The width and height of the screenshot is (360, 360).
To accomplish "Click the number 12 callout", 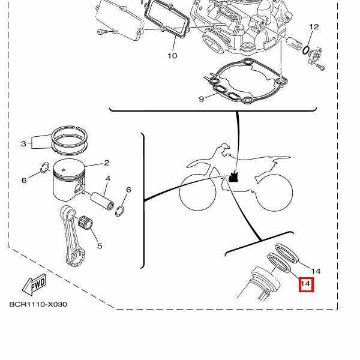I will coord(314,27).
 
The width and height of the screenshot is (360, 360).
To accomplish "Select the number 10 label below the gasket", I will coord(172,56).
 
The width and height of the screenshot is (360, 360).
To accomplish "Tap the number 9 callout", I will coord(202,98).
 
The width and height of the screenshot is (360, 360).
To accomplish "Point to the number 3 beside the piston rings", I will coord(23,143).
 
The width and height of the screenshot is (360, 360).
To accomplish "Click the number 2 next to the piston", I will coord(106,163).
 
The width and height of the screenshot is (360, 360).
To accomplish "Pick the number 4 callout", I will coord(108,179).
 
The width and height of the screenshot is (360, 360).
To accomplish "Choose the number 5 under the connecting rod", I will coord(99,245).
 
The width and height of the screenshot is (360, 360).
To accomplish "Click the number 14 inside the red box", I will coord(306,284).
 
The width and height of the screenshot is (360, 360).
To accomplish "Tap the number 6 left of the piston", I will coord(24,180).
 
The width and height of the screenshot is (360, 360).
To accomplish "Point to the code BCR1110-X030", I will coord(38,304).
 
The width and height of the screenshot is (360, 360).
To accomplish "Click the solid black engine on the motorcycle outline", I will coord(234,177).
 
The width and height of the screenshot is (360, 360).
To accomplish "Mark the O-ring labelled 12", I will coord(306,49).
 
